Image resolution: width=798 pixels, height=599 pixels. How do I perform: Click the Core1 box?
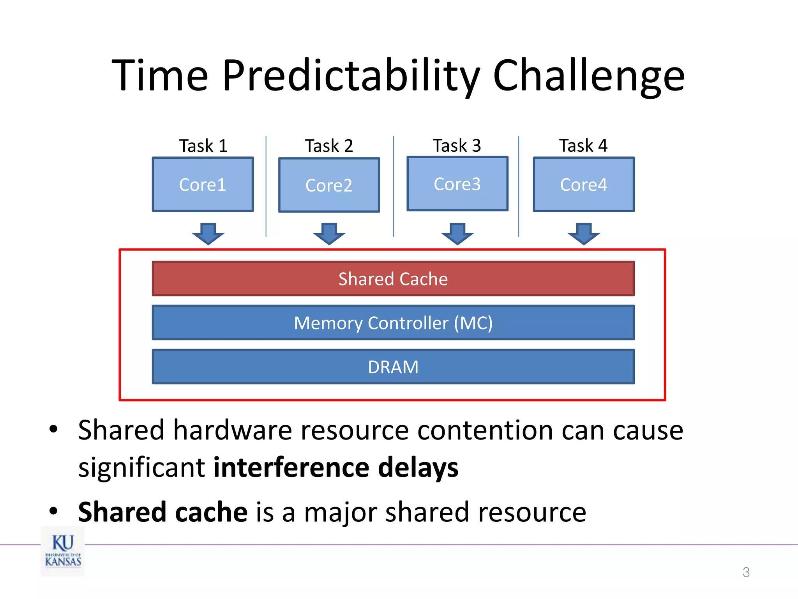tap(203, 184)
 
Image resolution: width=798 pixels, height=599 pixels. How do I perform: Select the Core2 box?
tap(329, 185)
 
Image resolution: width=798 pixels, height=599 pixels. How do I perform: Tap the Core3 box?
tap(457, 184)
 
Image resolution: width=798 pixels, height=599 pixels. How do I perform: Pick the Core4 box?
tap(583, 184)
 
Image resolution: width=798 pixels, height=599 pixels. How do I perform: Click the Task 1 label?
tap(203, 146)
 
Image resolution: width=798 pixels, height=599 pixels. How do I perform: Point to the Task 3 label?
tap(457, 145)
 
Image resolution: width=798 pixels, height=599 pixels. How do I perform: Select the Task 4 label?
tap(583, 145)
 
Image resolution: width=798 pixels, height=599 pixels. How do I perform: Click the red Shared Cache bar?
tap(393, 279)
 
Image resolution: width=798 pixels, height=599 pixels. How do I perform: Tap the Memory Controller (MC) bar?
tap(393, 323)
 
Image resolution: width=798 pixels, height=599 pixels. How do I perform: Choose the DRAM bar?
tap(393, 367)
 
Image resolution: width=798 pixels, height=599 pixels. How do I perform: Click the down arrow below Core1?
tap(208, 234)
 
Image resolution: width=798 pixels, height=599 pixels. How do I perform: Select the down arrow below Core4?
tap(583, 234)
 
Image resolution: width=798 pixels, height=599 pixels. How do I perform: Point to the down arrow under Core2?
tap(329, 234)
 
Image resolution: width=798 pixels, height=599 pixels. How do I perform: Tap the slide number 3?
tap(746, 572)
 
